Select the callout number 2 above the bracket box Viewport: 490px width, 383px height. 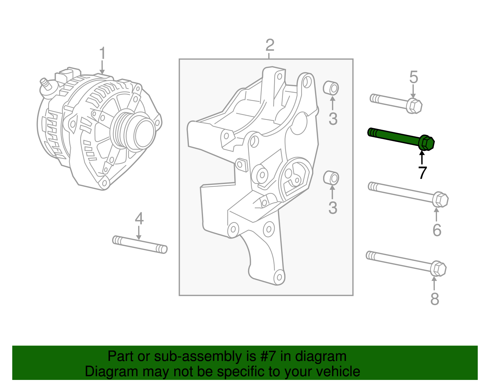269,45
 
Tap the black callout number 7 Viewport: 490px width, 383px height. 422,173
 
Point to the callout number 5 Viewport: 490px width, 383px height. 413,77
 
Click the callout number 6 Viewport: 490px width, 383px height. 437,230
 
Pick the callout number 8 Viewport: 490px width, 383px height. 435,299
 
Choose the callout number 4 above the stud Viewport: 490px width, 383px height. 139,219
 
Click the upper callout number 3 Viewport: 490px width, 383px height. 333,119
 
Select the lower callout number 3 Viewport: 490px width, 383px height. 333,208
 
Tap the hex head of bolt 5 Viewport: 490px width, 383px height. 415,106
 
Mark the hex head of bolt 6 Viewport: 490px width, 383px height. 440,200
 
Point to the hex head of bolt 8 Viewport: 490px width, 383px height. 438,269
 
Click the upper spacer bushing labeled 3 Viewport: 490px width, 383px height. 331,88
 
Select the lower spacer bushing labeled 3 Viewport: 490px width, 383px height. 331,178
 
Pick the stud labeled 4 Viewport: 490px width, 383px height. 140,244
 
